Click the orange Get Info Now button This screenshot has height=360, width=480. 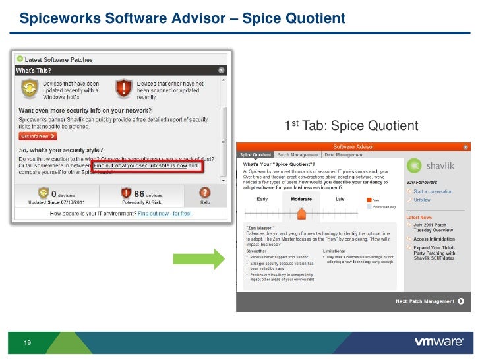tap(38, 136)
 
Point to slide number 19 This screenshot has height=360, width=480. tap(28, 342)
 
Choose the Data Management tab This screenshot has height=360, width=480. tap(342, 155)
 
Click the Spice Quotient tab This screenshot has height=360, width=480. tap(255, 155)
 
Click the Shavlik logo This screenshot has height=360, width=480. tap(430, 166)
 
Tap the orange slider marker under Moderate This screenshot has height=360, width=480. tap(301, 212)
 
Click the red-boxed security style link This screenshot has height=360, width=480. tap(147, 166)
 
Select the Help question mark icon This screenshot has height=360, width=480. tap(204, 193)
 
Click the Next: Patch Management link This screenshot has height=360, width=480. tap(425, 301)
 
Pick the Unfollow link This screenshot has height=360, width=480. tap(422, 200)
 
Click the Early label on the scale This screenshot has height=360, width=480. tap(262, 198)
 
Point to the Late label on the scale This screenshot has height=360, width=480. tap(340, 198)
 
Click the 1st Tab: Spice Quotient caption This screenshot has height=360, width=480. tap(351, 126)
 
